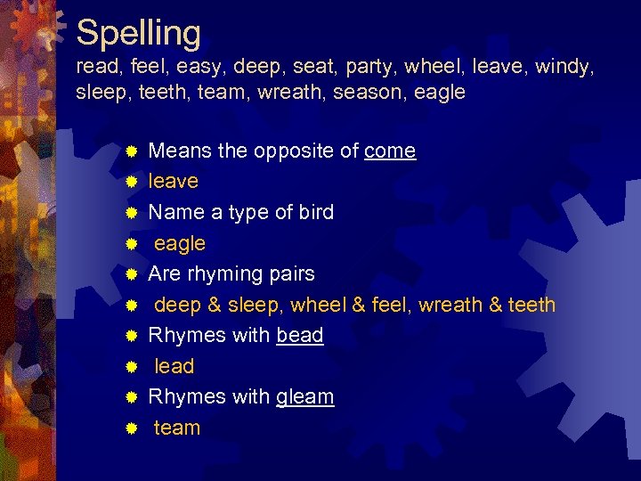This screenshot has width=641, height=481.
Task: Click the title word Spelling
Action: click(139, 33)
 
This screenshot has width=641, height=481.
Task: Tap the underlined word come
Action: click(390, 151)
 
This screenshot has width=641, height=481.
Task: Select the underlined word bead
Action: click(300, 335)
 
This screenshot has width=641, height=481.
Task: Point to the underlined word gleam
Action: click(305, 397)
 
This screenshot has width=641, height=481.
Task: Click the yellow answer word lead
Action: click(174, 366)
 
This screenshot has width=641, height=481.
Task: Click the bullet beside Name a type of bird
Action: click(130, 213)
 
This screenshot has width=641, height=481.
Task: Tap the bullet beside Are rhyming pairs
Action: click(130, 274)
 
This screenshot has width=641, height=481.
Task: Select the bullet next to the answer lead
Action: click(130, 367)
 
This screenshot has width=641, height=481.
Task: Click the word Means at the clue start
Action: click(179, 151)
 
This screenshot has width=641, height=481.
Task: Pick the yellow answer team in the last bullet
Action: click(177, 428)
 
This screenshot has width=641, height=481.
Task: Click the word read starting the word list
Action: click(94, 67)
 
